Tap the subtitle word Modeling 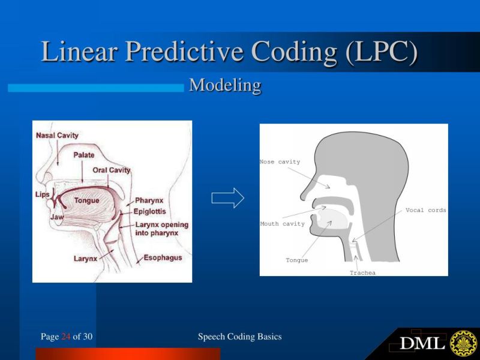(x=225, y=86)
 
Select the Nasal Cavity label (x=57, y=135)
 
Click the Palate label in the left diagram (x=84, y=155)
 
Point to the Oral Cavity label (x=112, y=170)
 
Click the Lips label (x=43, y=194)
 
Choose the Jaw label (x=58, y=217)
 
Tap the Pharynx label (x=149, y=200)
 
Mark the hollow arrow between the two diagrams (x=228, y=198)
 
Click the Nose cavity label (x=280, y=162)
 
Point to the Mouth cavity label (x=283, y=224)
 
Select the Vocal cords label (x=425, y=210)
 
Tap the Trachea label (x=362, y=273)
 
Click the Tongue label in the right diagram (x=296, y=260)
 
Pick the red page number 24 (x=66, y=337)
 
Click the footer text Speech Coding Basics (x=239, y=337)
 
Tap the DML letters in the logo (x=422, y=344)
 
